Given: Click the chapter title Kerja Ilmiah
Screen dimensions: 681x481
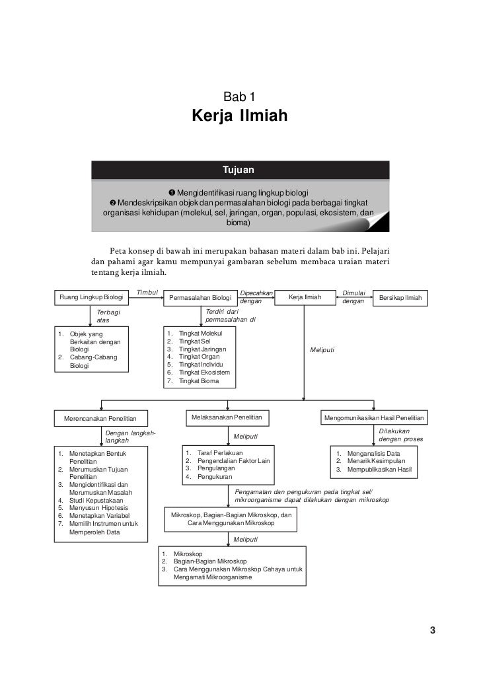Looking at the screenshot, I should pyautogui.click(x=239, y=117).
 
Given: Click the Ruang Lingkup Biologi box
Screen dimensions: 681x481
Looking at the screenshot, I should pyautogui.click(x=91, y=298).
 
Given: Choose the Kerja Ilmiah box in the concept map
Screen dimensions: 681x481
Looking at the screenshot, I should pyautogui.click(x=305, y=298).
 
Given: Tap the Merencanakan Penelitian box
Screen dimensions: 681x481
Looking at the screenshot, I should pyautogui.click(x=100, y=419).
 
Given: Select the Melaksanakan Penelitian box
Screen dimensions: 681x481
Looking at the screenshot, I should pyautogui.click(x=227, y=418).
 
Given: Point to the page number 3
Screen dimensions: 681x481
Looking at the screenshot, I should pyautogui.click(x=432, y=629).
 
